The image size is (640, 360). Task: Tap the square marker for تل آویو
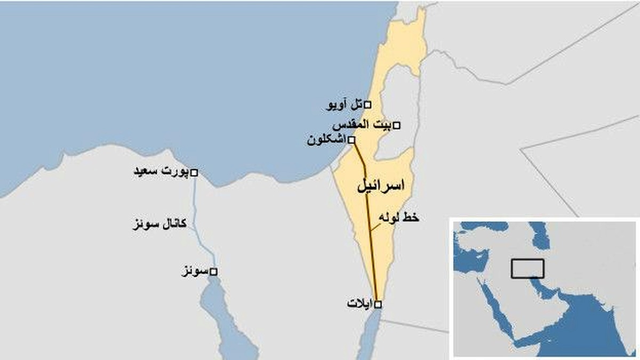tap(367, 105)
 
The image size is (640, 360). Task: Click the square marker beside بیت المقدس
tap(397, 125)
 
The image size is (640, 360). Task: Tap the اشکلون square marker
tap(351, 140)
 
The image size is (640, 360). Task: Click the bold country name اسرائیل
tap(380, 186)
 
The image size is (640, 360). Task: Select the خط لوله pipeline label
tap(398, 218)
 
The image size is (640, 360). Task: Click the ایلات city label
tap(359, 304)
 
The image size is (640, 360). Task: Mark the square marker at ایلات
tap(378, 305)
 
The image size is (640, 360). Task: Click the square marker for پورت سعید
tap(194, 172)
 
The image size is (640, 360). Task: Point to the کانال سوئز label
tap(159, 223)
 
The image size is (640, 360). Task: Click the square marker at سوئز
tap(213, 272)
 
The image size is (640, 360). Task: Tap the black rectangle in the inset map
tap(527, 268)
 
